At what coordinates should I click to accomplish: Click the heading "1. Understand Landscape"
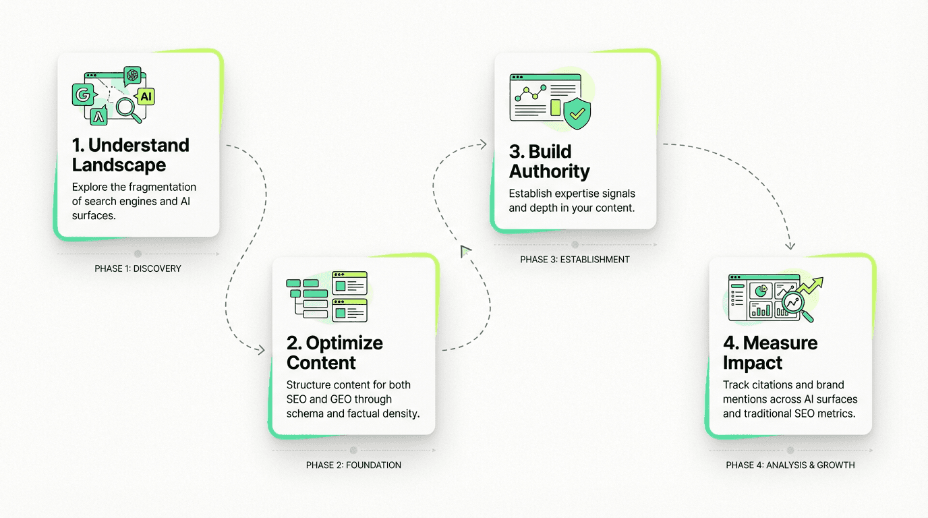pos(131,155)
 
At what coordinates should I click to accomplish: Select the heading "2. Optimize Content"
pos(335,353)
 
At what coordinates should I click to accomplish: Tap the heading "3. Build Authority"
pos(549,161)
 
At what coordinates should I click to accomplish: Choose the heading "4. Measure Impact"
pos(770,353)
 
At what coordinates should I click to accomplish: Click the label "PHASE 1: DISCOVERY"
pos(138,268)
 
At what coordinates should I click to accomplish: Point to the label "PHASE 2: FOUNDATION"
pos(353,465)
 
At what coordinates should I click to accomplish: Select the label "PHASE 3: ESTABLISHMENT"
pos(575,260)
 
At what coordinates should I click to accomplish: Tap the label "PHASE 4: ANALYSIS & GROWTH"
pos(790,465)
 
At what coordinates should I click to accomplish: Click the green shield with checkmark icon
pos(576,114)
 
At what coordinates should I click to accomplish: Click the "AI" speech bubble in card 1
pos(146,96)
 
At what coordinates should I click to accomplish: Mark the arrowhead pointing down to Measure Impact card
pos(790,246)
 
